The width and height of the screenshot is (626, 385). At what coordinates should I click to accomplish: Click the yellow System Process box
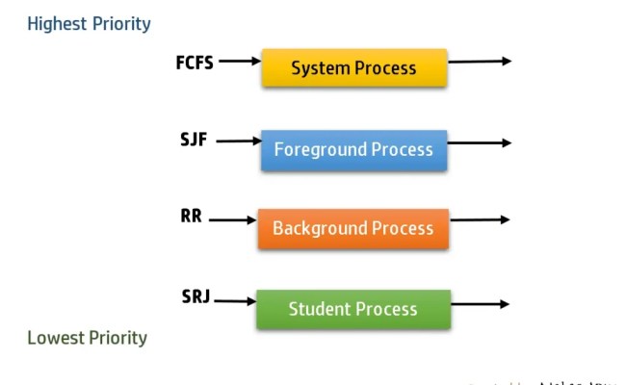click(x=353, y=68)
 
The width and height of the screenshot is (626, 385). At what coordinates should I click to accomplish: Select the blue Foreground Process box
click(x=353, y=150)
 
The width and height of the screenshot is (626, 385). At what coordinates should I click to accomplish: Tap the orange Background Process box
click(x=352, y=229)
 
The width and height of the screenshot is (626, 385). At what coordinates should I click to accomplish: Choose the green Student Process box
click(x=352, y=309)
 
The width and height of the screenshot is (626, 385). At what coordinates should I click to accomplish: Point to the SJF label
click(x=194, y=141)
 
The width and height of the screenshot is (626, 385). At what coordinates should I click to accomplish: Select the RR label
click(x=191, y=217)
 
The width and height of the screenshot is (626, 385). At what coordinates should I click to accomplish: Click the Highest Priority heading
click(x=89, y=24)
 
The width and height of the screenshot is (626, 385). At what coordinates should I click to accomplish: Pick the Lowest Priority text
click(x=87, y=338)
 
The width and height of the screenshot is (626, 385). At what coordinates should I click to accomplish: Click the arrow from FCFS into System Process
click(x=240, y=62)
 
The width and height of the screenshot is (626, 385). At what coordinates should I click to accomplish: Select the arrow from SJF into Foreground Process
click(x=238, y=141)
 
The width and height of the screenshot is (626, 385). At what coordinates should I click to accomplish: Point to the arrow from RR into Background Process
click(x=232, y=220)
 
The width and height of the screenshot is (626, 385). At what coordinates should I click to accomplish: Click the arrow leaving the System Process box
click(x=479, y=62)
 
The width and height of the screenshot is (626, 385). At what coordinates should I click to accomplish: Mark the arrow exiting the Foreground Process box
click(x=479, y=142)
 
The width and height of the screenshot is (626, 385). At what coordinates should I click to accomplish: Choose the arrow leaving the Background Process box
click(x=479, y=219)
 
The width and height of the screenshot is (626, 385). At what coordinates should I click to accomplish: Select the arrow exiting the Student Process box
click(x=479, y=304)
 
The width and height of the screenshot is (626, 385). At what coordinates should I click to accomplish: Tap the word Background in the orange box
click(x=320, y=229)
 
